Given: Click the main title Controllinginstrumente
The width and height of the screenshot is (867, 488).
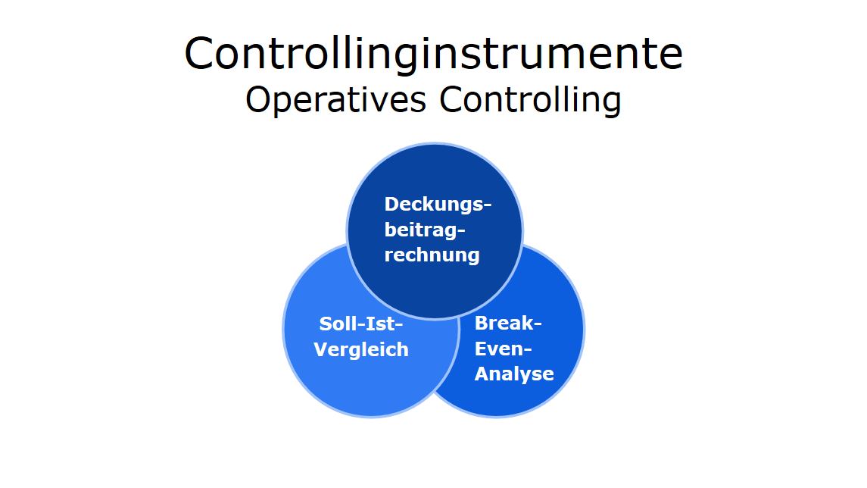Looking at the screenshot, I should (x=433, y=55).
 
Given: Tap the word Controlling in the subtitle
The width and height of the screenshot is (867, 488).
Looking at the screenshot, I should (x=530, y=100).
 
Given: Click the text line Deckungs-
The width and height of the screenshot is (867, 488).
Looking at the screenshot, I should (x=438, y=204).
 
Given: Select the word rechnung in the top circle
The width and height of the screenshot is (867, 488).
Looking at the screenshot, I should (x=432, y=255).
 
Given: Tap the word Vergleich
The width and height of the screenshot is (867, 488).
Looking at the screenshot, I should (x=361, y=349).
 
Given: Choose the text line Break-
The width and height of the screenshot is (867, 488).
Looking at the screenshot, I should (x=508, y=324).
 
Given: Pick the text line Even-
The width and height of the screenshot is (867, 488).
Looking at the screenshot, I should (x=504, y=349).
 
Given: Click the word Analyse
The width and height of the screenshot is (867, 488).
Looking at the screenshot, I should (x=514, y=374).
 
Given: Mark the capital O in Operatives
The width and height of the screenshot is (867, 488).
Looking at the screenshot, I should (x=257, y=100).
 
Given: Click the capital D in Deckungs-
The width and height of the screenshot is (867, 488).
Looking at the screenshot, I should (x=392, y=204).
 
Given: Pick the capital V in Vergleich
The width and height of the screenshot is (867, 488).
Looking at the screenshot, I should (x=321, y=349).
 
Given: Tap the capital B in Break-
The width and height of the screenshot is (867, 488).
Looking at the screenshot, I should (x=482, y=324).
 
